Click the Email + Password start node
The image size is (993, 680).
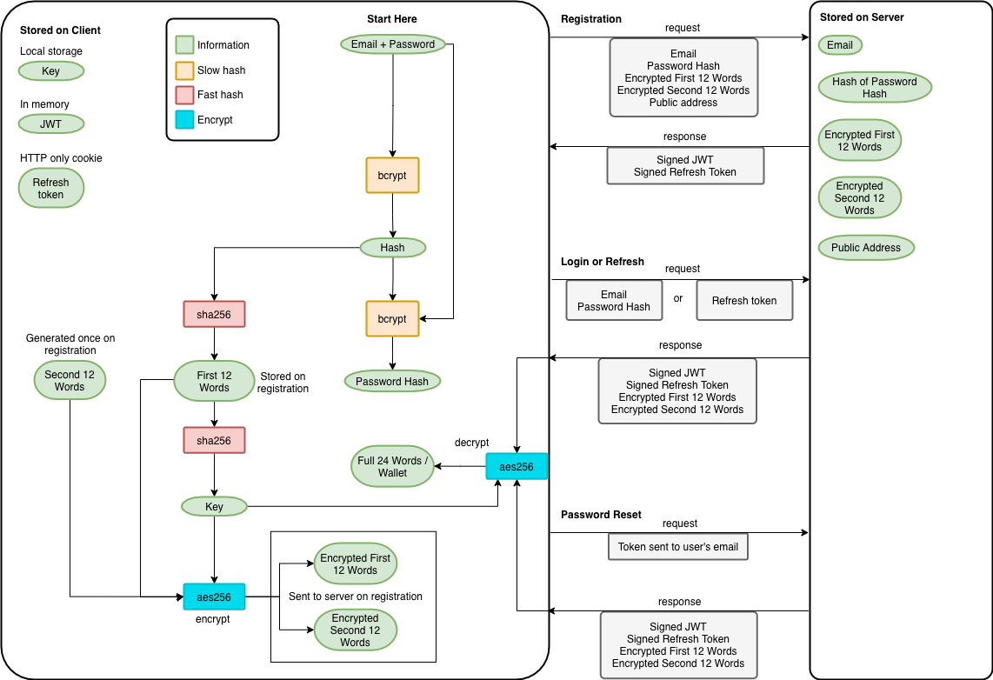point(393,44)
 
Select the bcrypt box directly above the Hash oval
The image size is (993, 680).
point(393,176)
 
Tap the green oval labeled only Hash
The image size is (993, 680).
point(393,248)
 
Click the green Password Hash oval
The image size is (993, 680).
point(392,381)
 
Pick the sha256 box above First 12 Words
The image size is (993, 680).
point(214,314)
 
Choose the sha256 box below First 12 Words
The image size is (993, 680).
point(214,440)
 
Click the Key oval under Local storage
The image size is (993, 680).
point(50,71)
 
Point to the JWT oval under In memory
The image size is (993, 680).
point(50,124)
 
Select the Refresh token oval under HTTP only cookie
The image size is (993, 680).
point(50,188)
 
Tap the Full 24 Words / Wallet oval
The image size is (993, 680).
point(393,466)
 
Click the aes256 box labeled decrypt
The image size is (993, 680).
point(516,467)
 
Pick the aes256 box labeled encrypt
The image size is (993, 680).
point(214,597)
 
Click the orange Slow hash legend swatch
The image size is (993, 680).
point(184,70)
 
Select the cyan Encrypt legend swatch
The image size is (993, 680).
point(184,120)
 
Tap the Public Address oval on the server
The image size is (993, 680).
point(866,248)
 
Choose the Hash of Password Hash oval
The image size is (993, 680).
point(875,87)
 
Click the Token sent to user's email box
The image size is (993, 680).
point(678,547)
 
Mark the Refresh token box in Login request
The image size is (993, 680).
point(744,301)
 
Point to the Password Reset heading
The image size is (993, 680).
point(601,515)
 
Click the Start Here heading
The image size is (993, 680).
point(392,19)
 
